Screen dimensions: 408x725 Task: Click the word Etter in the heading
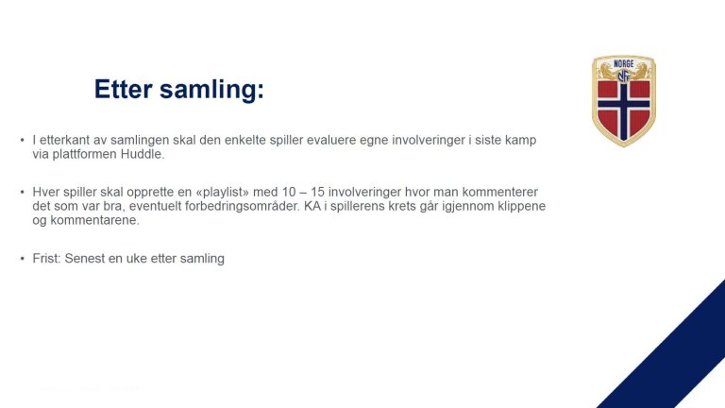click(x=123, y=90)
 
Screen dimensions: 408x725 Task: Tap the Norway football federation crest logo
click(x=623, y=100)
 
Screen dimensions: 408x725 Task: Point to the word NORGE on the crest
click(x=623, y=64)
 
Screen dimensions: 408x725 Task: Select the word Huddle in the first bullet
click(x=143, y=154)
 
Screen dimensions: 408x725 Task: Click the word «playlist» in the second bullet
click(x=207, y=192)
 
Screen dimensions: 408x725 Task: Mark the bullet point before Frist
click(x=22, y=258)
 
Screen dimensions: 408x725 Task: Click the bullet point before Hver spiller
click(x=22, y=192)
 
